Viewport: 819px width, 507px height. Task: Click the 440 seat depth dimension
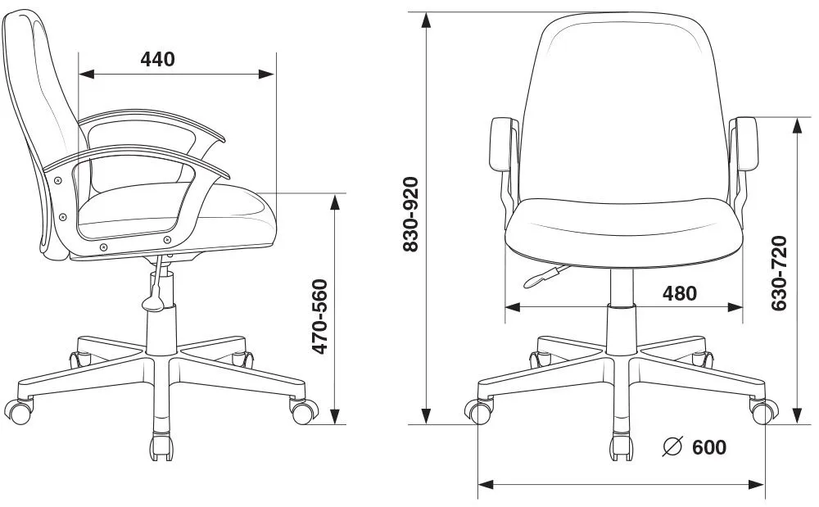(157, 59)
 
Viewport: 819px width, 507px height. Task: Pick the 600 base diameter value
(709, 447)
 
